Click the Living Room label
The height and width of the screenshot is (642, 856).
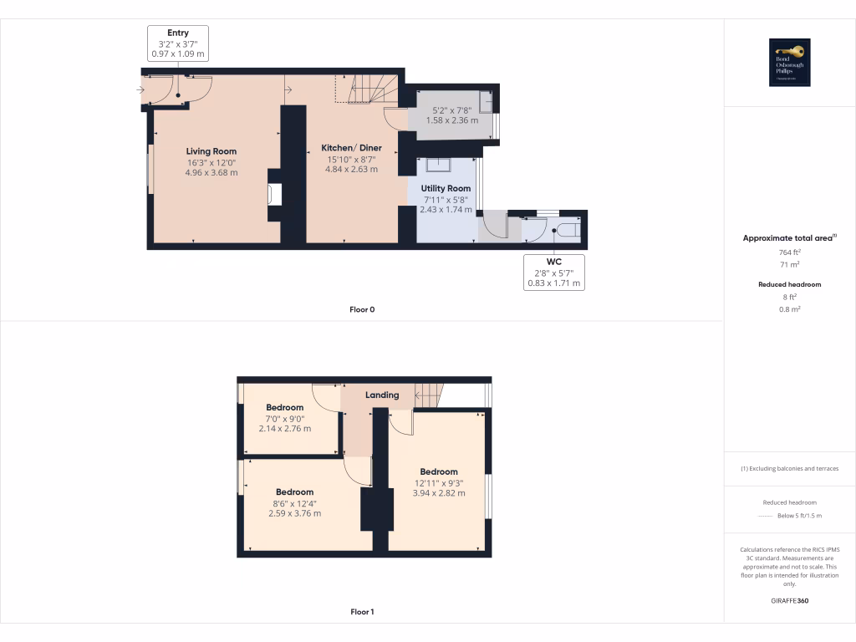[211, 151]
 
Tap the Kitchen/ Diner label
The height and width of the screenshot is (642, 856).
[351, 148]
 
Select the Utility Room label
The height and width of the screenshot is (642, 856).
[446, 188]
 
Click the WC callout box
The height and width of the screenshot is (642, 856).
[553, 273]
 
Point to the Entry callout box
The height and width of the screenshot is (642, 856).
[177, 43]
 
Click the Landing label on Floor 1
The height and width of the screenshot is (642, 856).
[382, 395]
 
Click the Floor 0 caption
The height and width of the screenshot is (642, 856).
[362, 309]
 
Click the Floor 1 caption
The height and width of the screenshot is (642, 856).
[362, 612]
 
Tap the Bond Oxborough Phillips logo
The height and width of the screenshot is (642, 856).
[790, 63]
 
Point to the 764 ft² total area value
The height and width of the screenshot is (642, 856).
[790, 252]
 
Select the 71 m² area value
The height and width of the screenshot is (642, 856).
[790, 264]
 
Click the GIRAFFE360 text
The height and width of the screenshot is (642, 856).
[790, 600]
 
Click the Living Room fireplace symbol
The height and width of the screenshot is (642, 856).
[274, 195]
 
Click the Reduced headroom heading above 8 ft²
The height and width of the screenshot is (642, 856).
[790, 284]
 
